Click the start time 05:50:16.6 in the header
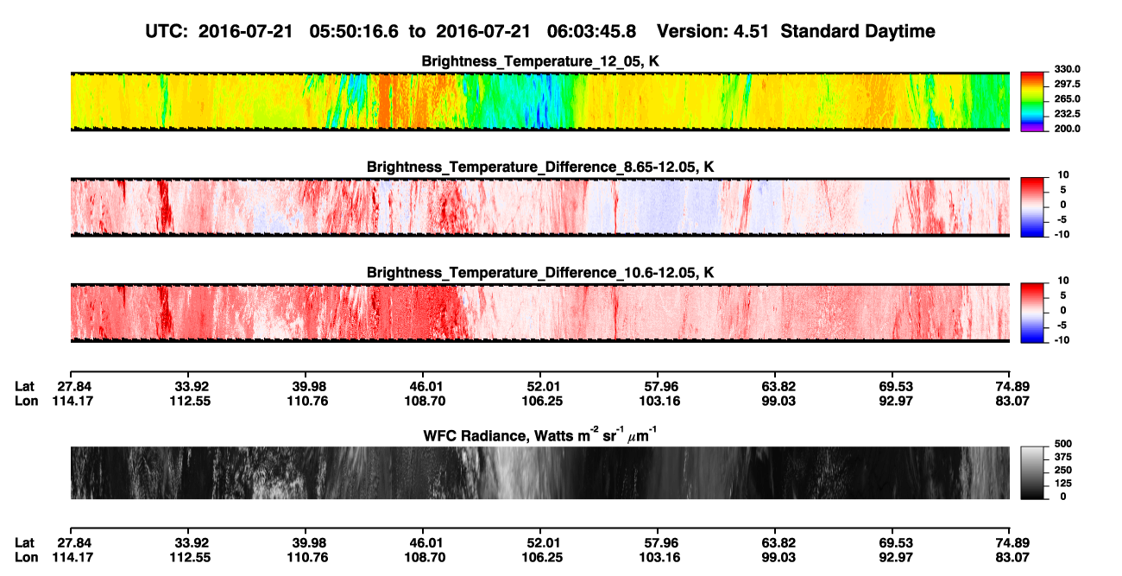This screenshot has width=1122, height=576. click(354, 32)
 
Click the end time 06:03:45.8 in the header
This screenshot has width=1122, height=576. click(591, 32)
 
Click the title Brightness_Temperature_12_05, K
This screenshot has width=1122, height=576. click(540, 61)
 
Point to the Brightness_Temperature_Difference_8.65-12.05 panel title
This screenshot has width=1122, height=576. click(540, 167)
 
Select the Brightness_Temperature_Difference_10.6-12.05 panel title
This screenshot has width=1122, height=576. click(540, 273)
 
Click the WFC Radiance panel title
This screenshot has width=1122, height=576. click(540, 435)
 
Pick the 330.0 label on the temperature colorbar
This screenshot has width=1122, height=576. click(1067, 69)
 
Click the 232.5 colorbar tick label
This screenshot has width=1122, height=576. click(1067, 114)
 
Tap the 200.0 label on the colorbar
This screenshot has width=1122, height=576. click(1067, 129)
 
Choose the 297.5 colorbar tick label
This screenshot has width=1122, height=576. click(1067, 85)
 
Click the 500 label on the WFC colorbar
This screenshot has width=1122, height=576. click(1063, 444)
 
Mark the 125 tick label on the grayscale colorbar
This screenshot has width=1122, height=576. click(1063, 484)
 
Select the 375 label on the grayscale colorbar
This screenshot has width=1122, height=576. click(1063, 457)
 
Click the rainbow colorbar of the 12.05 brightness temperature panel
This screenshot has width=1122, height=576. click(1032, 102)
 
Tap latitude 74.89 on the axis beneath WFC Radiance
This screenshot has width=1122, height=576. click(1012, 543)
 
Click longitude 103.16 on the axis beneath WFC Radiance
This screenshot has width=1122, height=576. click(659, 558)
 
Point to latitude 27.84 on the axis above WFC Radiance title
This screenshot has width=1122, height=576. click(74, 387)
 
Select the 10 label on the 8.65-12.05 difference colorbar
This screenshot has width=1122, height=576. click(1063, 175)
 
